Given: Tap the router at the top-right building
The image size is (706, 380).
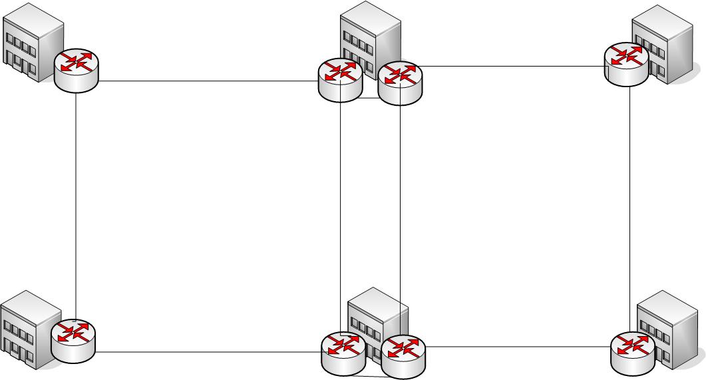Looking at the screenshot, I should click(625, 64).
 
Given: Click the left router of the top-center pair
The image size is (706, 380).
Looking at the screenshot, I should click(340, 79).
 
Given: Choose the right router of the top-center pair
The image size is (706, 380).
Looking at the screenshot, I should click(401, 82).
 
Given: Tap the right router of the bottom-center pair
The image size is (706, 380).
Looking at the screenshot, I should click(403, 355).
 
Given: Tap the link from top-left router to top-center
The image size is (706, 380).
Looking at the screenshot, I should click(206, 81).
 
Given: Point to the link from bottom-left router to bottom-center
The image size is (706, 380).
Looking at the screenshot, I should click(206, 352).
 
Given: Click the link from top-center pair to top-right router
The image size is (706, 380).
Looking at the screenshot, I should click(512, 67).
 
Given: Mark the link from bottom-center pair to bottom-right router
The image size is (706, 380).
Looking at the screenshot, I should click(516, 346).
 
